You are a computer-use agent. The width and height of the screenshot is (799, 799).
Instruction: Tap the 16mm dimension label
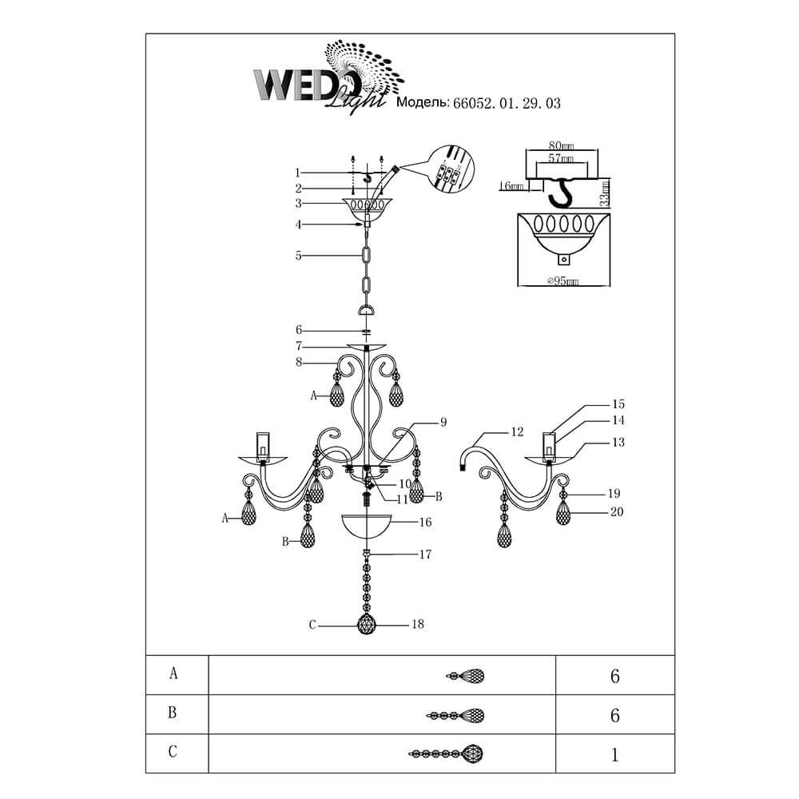click(x=509, y=186)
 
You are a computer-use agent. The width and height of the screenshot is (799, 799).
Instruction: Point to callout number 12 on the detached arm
click(x=516, y=432)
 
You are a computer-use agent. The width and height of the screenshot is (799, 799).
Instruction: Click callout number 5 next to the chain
click(x=297, y=256)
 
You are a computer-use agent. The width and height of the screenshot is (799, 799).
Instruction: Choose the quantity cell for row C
click(x=614, y=752)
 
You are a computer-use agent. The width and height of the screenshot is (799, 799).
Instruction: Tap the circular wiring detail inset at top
click(x=449, y=171)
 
